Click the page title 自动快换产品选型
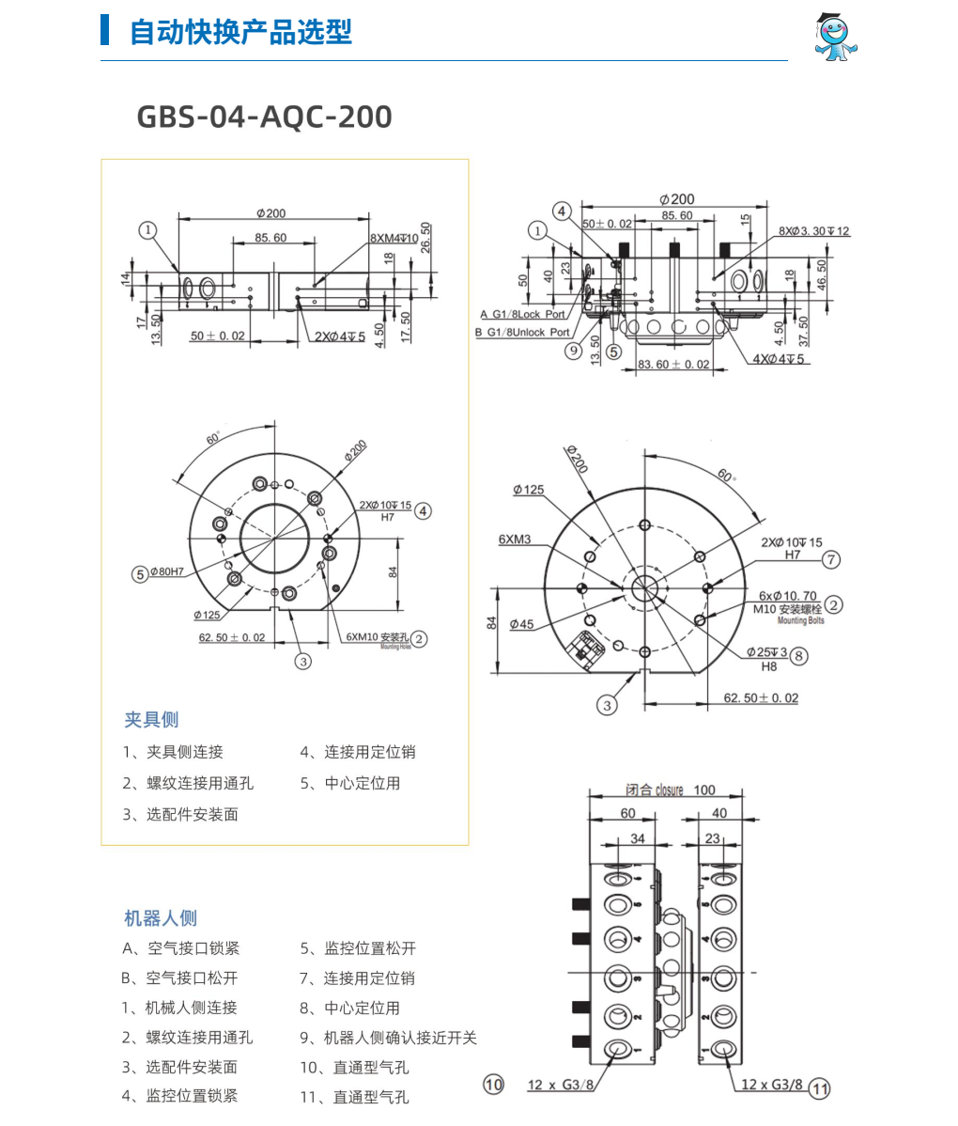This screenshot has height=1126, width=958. (x=240, y=32)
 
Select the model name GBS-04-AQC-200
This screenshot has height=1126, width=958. (x=264, y=117)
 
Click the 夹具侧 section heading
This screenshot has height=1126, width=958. (x=151, y=719)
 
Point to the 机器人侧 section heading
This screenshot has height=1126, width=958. (x=161, y=918)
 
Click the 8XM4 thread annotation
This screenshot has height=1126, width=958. (x=394, y=239)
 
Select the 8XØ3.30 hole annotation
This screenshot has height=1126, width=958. (x=813, y=231)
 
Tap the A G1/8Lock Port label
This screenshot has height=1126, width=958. (x=523, y=315)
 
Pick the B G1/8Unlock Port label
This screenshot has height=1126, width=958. (x=523, y=332)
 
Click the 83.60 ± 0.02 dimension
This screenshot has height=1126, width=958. (x=673, y=365)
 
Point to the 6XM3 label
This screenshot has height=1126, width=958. (x=515, y=540)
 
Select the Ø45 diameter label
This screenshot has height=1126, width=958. (x=521, y=624)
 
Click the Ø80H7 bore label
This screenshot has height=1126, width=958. (x=166, y=572)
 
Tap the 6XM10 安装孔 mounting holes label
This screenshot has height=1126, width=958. (x=378, y=638)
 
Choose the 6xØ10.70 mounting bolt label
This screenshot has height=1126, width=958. (x=788, y=597)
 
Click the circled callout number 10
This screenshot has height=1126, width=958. (x=493, y=1084)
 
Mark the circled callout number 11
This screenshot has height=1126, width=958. (x=820, y=1088)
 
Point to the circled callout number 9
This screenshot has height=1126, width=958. (x=574, y=351)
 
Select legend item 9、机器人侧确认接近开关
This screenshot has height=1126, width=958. (x=388, y=1038)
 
